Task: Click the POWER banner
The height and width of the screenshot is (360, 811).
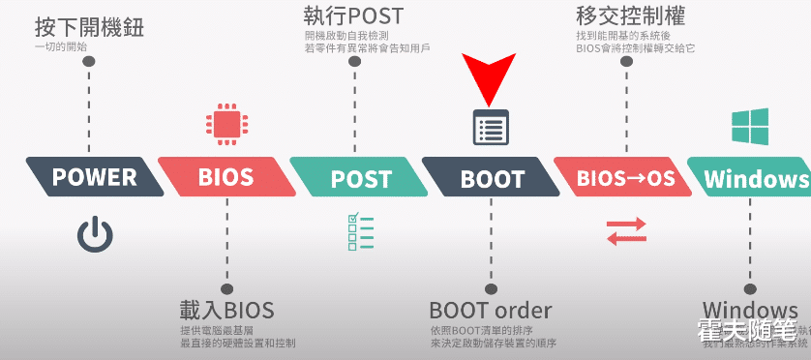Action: click(x=95, y=177)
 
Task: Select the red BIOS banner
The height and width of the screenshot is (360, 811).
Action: click(x=225, y=177)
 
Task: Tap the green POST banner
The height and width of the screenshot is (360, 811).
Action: click(x=359, y=178)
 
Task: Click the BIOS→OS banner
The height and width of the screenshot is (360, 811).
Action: click(x=624, y=178)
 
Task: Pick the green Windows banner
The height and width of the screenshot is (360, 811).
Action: click(x=755, y=178)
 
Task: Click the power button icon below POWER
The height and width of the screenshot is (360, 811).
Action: click(x=95, y=235)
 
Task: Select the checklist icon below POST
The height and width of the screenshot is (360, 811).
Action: click(x=359, y=231)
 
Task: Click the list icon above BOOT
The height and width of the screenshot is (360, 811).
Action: click(x=490, y=127)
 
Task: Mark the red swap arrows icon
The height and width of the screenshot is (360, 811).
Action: click(x=625, y=232)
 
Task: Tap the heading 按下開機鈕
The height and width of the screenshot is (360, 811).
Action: click(x=89, y=26)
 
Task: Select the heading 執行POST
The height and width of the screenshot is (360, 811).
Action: click(x=352, y=15)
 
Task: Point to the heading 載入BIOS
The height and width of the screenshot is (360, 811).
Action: click(x=226, y=311)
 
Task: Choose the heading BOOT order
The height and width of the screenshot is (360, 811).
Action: click(x=490, y=311)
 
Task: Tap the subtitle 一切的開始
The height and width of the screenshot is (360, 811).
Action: click(x=62, y=46)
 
